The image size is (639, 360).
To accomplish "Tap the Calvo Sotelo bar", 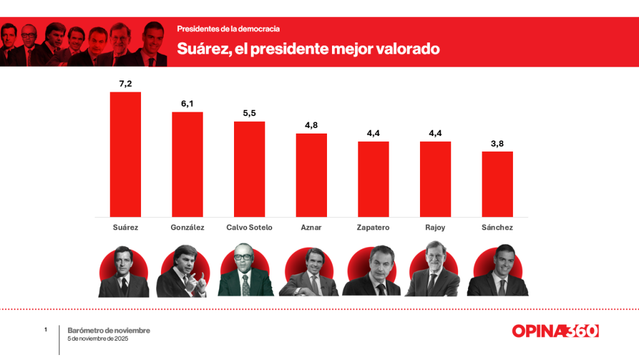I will [x=249, y=169].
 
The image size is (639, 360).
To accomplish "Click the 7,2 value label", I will [x=125, y=84].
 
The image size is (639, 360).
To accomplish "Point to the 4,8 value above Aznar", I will [x=311, y=125].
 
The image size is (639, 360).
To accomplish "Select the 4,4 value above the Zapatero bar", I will [x=373, y=133].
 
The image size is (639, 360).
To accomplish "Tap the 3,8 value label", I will [x=497, y=143].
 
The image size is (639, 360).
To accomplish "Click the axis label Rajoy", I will [x=435, y=228].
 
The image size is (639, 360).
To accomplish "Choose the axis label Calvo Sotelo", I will [x=249, y=228].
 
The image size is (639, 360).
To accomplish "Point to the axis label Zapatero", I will [x=373, y=228].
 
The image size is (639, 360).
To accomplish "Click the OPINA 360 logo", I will [x=555, y=331].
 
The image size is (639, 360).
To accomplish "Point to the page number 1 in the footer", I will [x=46, y=329].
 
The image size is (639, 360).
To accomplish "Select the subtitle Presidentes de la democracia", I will [x=228, y=29].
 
